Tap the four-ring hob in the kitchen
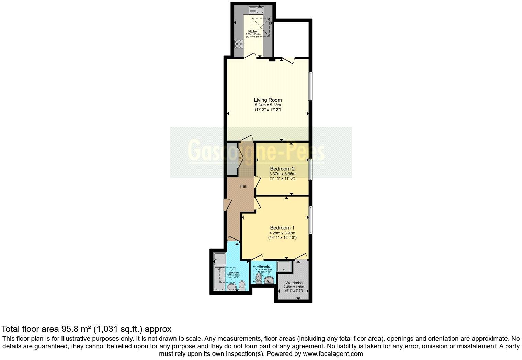click(x=239, y=44)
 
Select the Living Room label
click(x=268, y=100)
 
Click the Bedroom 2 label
click(x=282, y=169)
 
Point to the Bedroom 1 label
click(x=282, y=228)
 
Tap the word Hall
click(x=243, y=186)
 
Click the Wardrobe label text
click(x=294, y=283)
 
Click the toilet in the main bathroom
click(x=242, y=284)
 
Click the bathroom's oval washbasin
click(x=232, y=287)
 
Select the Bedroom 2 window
click(x=310, y=169)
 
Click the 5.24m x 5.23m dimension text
click(x=268, y=105)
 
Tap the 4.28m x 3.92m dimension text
click(x=282, y=233)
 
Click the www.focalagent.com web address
click(x=333, y=353)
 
